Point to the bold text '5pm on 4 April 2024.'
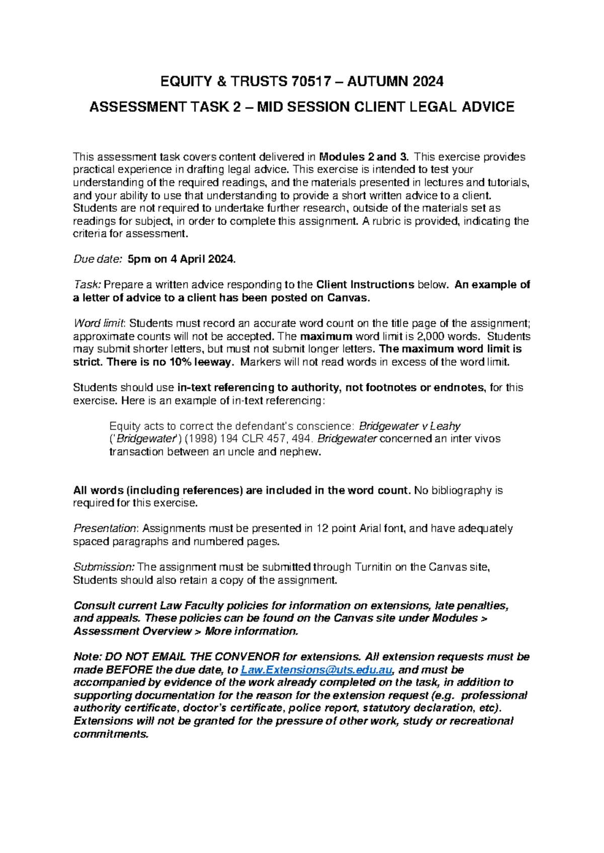(x=182, y=260)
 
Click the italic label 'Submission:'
(x=103, y=567)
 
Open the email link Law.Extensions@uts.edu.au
(x=316, y=670)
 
